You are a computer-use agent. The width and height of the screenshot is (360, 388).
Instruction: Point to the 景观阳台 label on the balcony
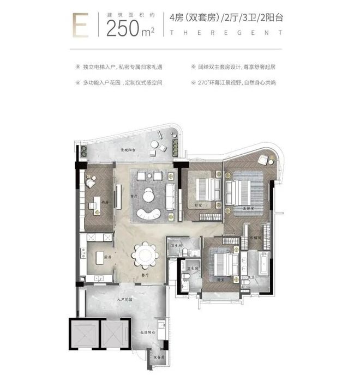[x=128, y=149]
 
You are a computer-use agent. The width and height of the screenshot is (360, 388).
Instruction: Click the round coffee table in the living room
[x=149, y=195]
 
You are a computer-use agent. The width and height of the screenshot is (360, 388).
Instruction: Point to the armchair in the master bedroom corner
[x=264, y=160]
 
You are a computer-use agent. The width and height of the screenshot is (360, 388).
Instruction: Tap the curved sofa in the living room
[x=148, y=213]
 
